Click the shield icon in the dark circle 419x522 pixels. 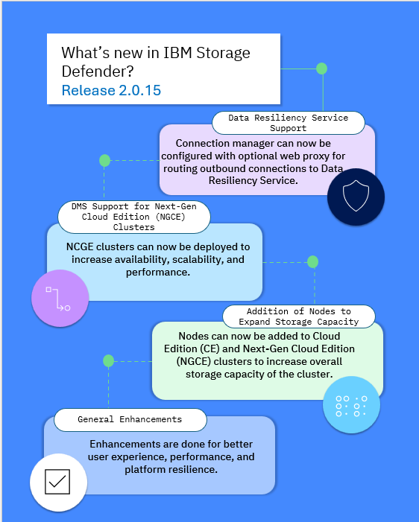click(356, 196)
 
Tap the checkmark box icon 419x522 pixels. click(57, 482)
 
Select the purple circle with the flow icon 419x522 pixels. click(60, 299)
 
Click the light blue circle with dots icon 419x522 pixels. click(351, 405)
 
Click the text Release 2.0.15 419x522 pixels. click(111, 90)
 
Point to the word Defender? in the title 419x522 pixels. click(98, 71)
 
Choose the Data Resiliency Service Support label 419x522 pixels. click(289, 123)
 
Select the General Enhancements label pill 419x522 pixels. click(130, 419)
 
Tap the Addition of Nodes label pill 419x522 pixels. click(299, 316)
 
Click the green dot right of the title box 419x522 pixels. click(321, 69)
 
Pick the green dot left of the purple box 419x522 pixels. click(104, 160)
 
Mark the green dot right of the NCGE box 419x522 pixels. click(312, 262)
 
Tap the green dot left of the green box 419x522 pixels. click(109, 361)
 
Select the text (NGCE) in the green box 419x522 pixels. click(194, 361)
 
